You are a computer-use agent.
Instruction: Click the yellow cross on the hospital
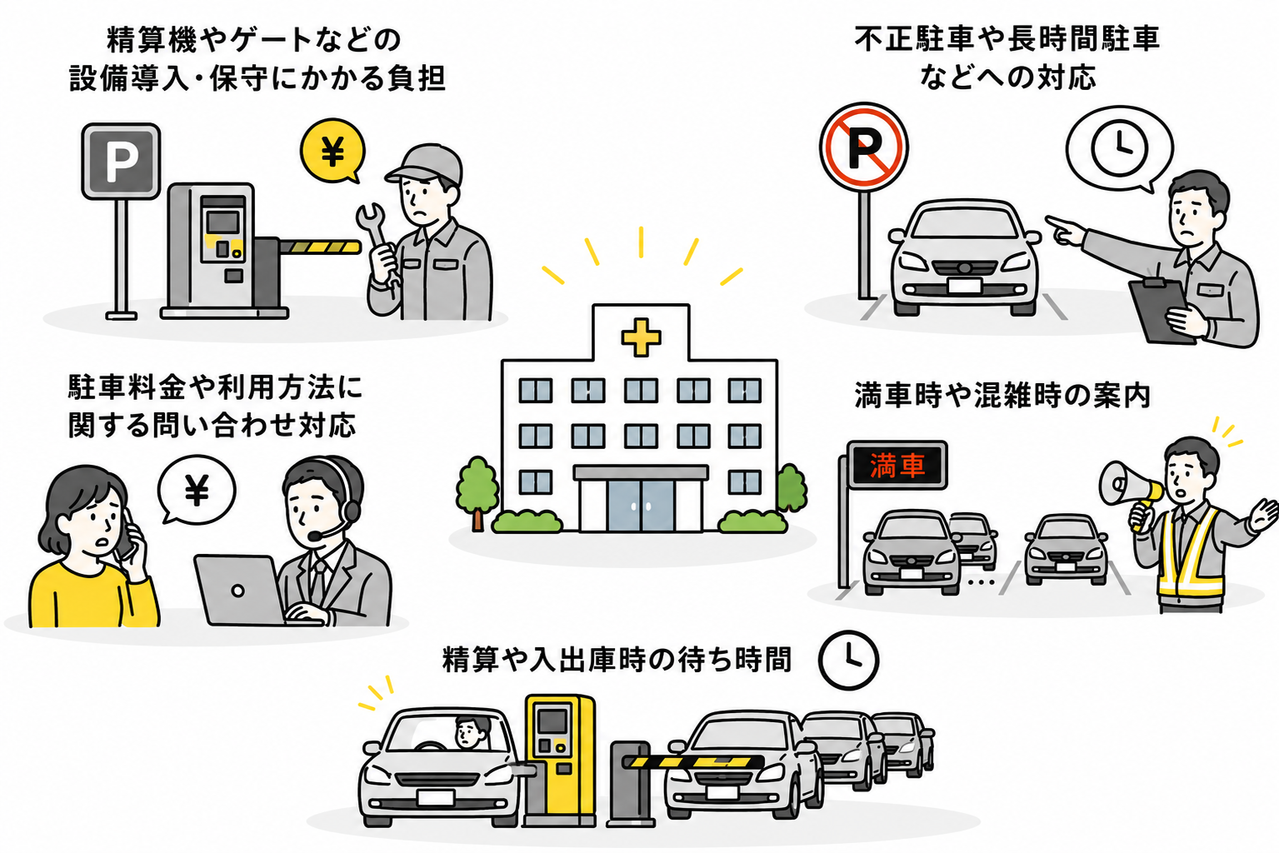[x=641, y=337]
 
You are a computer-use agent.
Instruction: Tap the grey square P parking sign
[x=121, y=162]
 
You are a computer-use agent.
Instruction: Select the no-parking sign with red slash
[x=863, y=146]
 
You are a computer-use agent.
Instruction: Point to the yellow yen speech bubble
[x=332, y=151]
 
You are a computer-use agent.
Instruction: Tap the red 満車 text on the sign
[x=897, y=465]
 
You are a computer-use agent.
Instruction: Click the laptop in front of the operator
[x=240, y=590]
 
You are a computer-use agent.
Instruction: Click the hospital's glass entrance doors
[x=641, y=506]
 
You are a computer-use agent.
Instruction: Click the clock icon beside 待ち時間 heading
[x=848, y=660]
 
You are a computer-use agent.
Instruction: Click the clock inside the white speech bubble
[x=1119, y=147]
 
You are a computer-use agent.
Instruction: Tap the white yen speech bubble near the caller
[x=197, y=490]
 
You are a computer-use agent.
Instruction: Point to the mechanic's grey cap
[x=426, y=163]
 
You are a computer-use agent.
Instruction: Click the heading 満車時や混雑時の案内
[x=1002, y=395]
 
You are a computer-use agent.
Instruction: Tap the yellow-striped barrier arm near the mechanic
[x=320, y=247]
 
